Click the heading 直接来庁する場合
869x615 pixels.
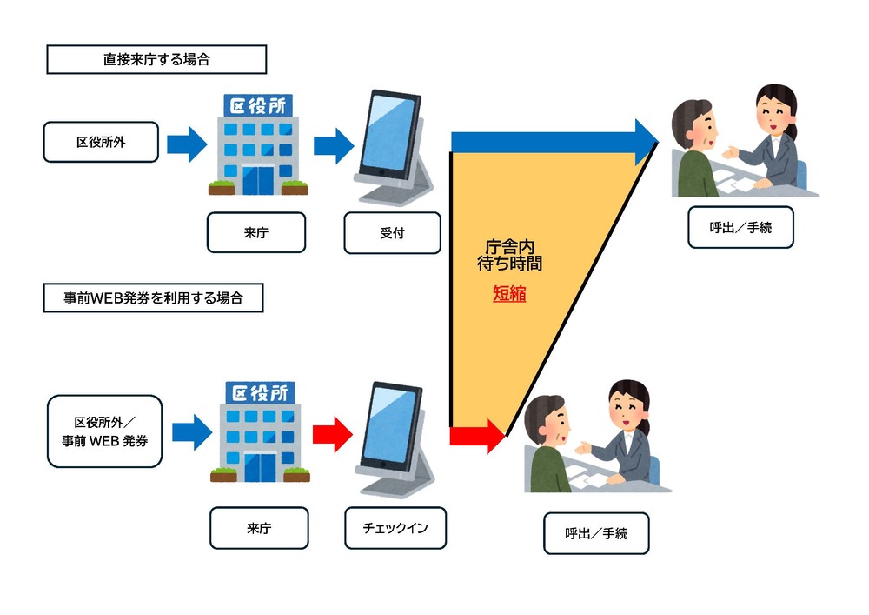(156, 60)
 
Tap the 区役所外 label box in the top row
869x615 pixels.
(101, 142)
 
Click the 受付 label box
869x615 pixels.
(392, 233)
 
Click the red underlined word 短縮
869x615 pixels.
(509, 295)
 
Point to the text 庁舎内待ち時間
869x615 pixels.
(509, 254)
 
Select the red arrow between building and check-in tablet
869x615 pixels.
(332, 430)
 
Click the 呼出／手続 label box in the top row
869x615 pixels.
(740, 228)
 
